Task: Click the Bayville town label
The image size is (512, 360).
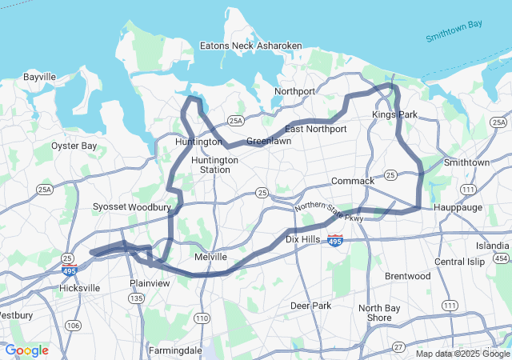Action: tap(40, 78)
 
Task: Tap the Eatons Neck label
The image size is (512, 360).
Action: tap(226, 46)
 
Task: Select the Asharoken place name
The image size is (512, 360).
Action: tap(279, 46)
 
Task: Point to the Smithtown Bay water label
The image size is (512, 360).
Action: tap(454, 31)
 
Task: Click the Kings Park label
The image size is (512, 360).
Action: tap(394, 115)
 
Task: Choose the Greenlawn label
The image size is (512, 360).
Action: tap(268, 141)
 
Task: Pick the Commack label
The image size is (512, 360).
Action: tap(352, 181)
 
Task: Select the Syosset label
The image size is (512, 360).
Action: tap(110, 206)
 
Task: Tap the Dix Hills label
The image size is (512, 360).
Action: tap(303, 239)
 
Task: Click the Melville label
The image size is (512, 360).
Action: tap(211, 257)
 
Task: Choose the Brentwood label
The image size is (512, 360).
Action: tap(407, 276)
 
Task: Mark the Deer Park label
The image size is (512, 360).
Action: tap(310, 306)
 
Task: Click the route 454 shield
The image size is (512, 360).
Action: tap(501, 258)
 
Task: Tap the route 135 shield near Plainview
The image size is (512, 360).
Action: tap(137, 298)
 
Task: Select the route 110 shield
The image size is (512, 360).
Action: tap(200, 318)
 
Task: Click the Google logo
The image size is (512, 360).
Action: tap(26, 350)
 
